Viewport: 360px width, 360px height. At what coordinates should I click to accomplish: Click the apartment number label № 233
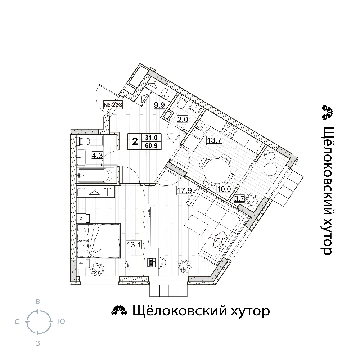113,105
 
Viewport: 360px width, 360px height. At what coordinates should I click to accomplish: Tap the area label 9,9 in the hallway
159,105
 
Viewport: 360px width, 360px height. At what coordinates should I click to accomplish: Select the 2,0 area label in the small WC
183,119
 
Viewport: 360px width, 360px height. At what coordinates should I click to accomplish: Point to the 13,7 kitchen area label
214,140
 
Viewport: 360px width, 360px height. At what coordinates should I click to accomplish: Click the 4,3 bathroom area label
97,156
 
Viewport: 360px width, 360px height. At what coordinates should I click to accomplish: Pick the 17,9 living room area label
184,190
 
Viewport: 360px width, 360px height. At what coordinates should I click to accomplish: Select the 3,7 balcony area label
239,198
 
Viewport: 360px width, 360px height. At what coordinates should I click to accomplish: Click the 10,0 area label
224,189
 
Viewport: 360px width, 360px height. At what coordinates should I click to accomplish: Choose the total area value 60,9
151,145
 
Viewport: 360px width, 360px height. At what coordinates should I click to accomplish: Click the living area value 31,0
151,138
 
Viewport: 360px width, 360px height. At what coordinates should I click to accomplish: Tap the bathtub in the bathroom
95,176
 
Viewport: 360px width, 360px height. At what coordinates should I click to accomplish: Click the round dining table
217,170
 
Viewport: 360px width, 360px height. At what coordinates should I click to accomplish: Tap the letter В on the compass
38,302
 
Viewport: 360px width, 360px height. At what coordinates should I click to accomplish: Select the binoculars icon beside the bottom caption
119,311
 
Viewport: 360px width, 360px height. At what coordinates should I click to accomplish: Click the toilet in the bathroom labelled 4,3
83,141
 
